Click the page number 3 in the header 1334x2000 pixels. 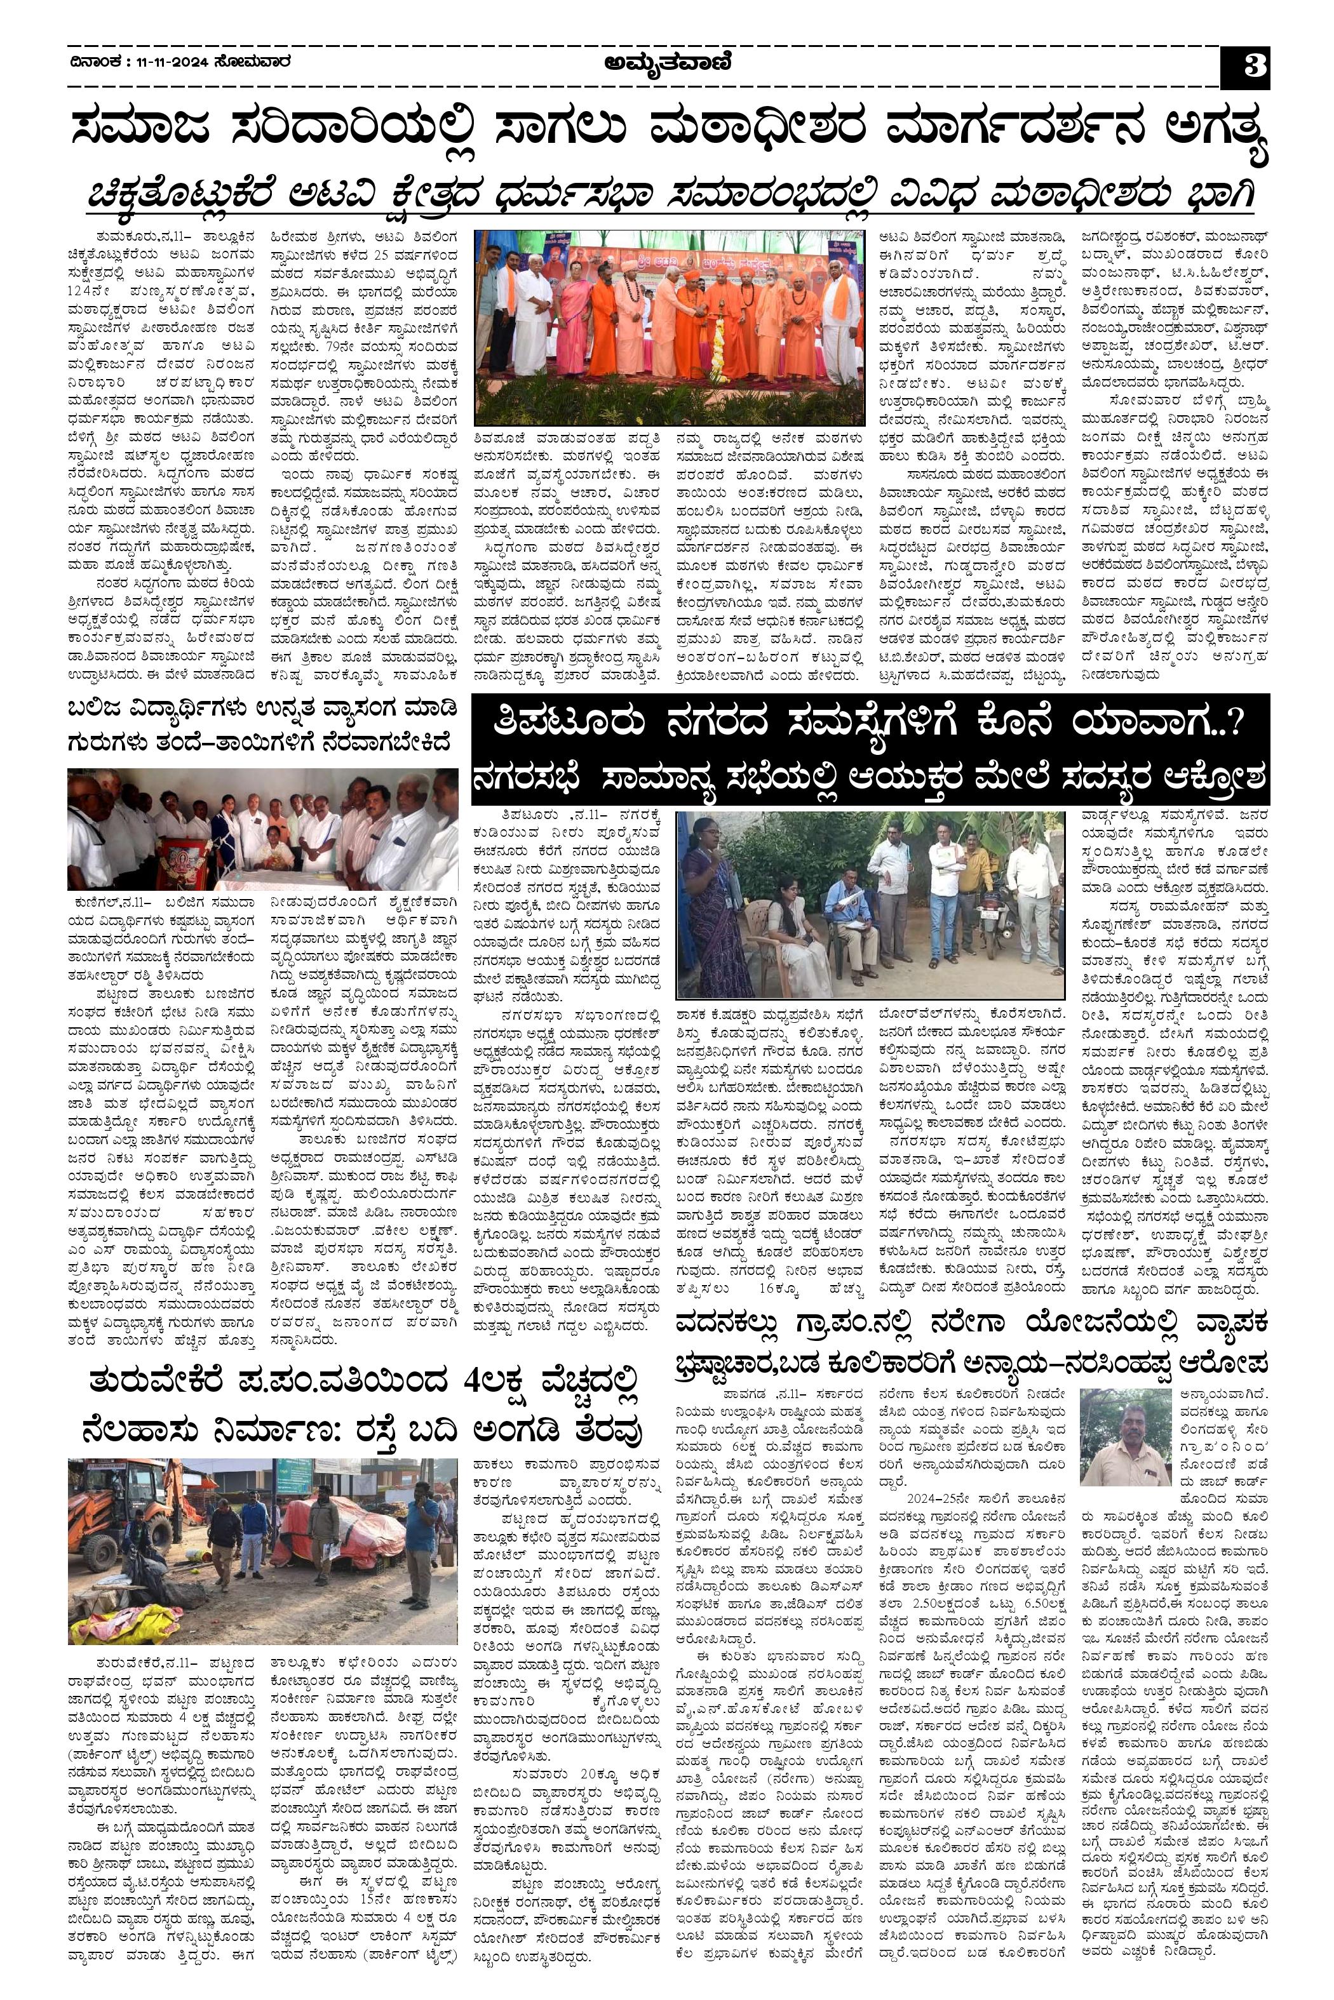(x=1246, y=66)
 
